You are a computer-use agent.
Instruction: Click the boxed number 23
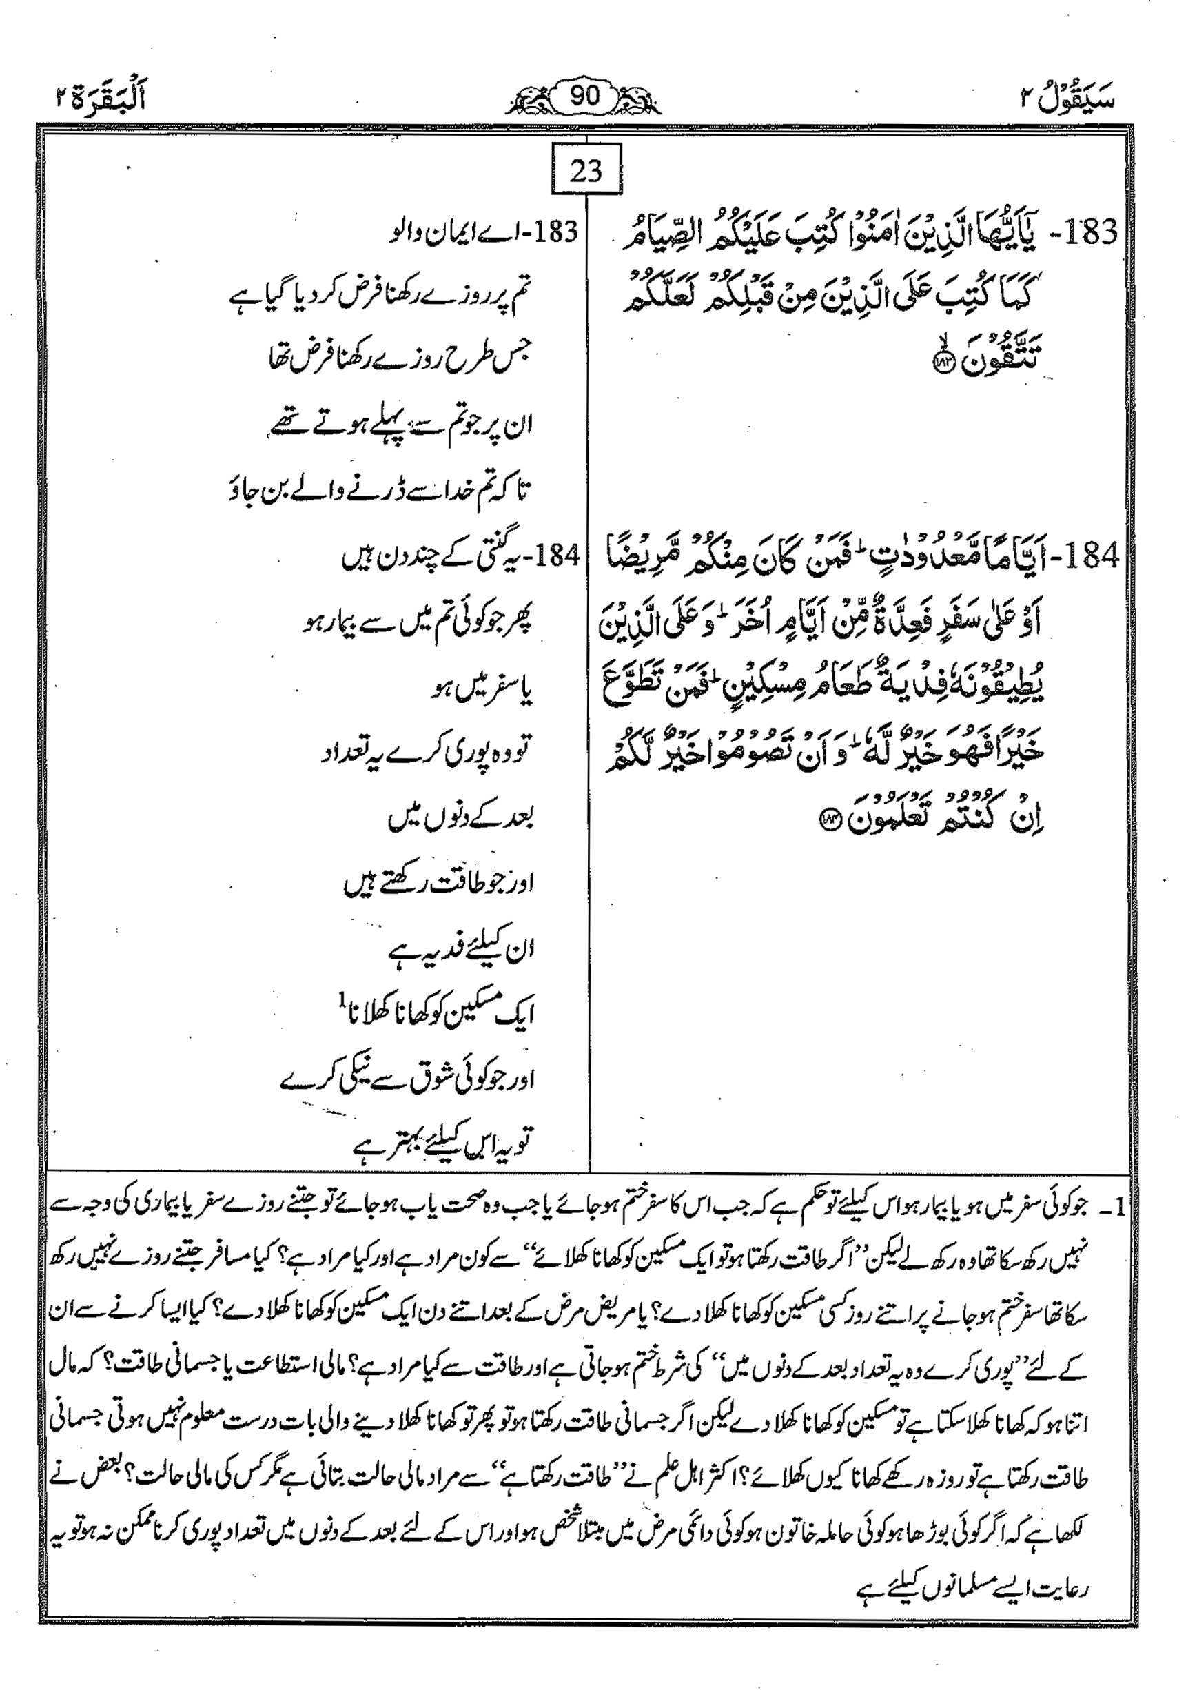click(586, 172)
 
